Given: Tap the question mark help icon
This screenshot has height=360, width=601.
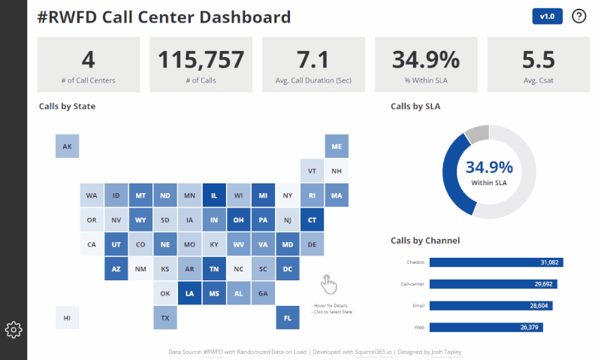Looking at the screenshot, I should (x=579, y=17).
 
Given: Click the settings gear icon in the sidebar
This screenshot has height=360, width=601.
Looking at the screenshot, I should (x=14, y=329).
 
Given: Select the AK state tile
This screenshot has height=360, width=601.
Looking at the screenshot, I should (x=67, y=147).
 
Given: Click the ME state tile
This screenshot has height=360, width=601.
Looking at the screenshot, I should (x=336, y=147).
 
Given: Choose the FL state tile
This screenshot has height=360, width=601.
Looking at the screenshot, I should (x=287, y=318).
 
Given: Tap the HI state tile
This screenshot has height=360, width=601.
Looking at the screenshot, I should (x=67, y=318).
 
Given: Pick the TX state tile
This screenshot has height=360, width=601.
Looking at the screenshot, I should (x=165, y=318).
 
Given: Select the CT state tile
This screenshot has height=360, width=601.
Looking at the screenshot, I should (x=312, y=220).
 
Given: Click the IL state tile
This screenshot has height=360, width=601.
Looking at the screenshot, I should (x=214, y=196).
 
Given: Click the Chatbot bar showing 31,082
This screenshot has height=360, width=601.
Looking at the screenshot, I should (x=496, y=262).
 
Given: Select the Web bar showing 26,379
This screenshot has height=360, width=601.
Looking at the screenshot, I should (x=485, y=327).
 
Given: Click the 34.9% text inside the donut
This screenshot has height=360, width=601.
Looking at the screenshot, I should (x=488, y=168).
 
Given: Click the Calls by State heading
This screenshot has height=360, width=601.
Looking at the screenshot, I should (x=67, y=106).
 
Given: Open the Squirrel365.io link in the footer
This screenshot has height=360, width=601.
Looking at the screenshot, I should (x=373, y=351).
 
